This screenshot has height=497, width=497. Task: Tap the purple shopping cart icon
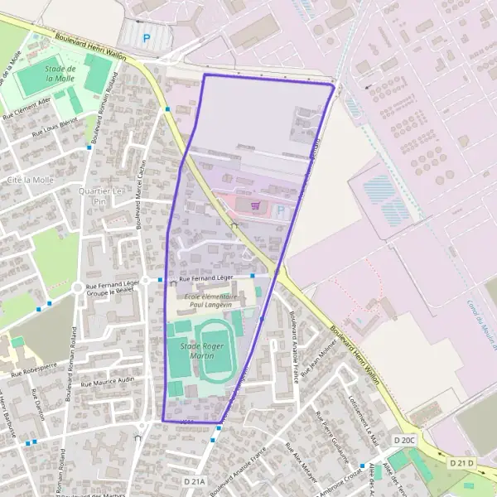255,206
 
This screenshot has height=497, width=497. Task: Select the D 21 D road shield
462,461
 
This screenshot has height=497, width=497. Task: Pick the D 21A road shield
193,480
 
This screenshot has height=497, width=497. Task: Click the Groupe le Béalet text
111,292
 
